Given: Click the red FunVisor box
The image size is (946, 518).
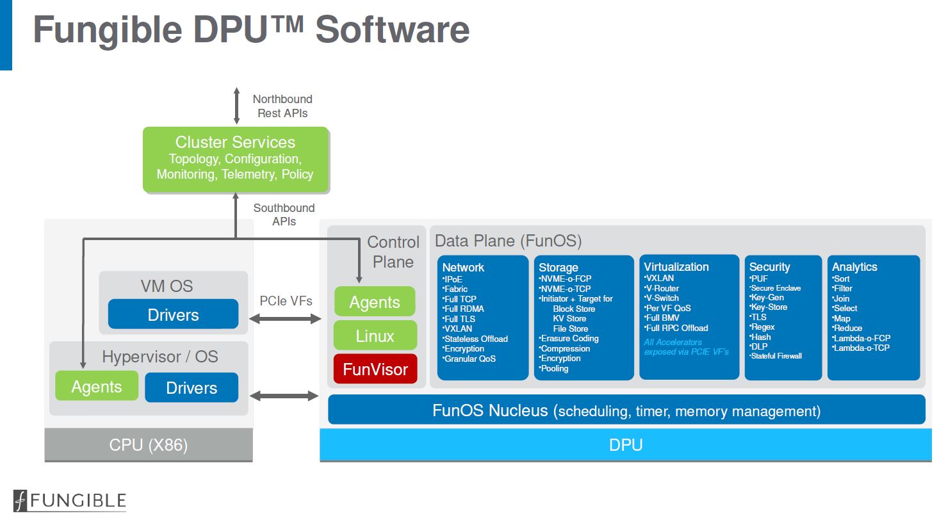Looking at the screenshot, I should [375, 369].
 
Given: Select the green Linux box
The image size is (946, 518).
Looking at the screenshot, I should [375, 336].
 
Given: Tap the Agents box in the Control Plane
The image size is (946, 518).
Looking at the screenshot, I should [375, 302].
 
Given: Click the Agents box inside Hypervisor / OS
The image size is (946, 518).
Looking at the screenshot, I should [97, 386].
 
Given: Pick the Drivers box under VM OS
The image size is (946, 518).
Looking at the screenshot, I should [173, 314].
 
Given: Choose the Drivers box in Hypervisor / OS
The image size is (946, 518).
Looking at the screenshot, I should [192, 387].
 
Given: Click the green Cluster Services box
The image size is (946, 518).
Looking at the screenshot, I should [235, 159].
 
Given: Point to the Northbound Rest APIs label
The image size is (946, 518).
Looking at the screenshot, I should [282, 106].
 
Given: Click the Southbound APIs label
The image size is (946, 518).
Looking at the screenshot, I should [284, 214].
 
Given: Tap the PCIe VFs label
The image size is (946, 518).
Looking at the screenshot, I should [286, 300].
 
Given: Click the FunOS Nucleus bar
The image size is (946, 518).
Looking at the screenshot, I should [626, 410].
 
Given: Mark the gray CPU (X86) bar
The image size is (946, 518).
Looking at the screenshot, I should [149, 445].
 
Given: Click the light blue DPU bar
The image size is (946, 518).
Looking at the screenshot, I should [625, 445].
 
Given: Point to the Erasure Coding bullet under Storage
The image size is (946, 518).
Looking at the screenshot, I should [569, 339].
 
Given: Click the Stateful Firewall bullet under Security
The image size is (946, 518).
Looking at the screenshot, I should [776, 356].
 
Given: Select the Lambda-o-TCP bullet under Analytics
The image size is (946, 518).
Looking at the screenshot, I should [861, 348].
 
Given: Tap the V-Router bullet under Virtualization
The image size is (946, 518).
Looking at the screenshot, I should [662, 288].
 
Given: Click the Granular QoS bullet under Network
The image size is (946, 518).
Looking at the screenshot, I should [470, 359].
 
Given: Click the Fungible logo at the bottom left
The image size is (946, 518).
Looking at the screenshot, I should [70, 501].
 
